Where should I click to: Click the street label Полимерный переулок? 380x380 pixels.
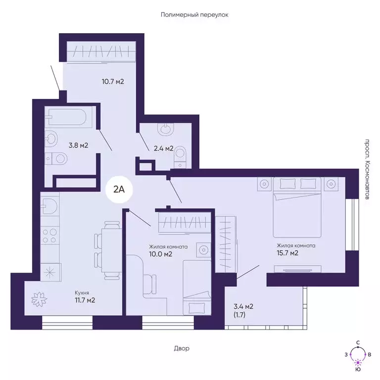[x=194, y=15]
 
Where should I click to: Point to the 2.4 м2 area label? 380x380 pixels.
[x=162, y=148]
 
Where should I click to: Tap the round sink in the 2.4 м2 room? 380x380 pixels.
[x=165, y=130]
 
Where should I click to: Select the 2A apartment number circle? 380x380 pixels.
[x=119, y=189]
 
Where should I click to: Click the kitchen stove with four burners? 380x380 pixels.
[x=50, y=235]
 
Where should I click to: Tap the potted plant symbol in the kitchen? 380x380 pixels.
[x=39, y=299]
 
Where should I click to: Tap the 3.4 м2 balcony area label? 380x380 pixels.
[x=243, y=306]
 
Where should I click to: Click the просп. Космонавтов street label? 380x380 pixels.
[x=367, y=169]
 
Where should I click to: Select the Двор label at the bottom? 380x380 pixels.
[x=182, y=348]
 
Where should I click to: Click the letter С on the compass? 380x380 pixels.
[x=357, y=342]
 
